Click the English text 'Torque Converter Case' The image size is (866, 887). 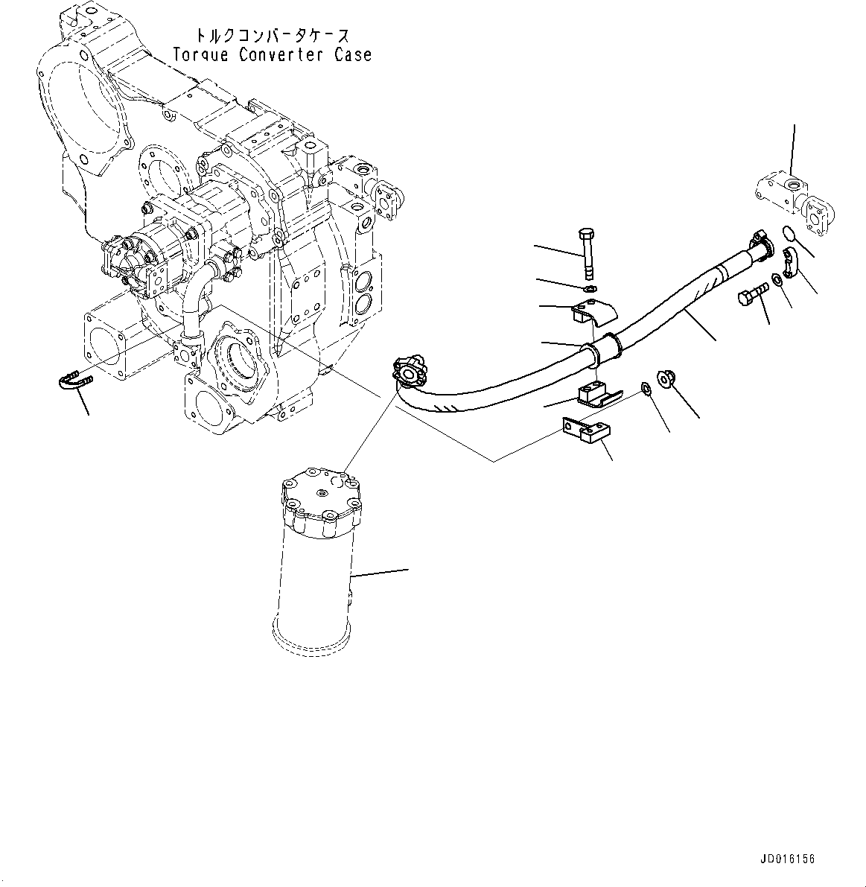(x=271, y=54)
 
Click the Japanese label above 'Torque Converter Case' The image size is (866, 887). (x=271, y=35)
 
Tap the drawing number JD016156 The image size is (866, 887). (x=787, y=859)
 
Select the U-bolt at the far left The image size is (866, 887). (x=72, y=382)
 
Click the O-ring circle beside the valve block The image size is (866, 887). (x=790, y=235)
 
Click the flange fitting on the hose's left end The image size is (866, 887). (x=408, y=371)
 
